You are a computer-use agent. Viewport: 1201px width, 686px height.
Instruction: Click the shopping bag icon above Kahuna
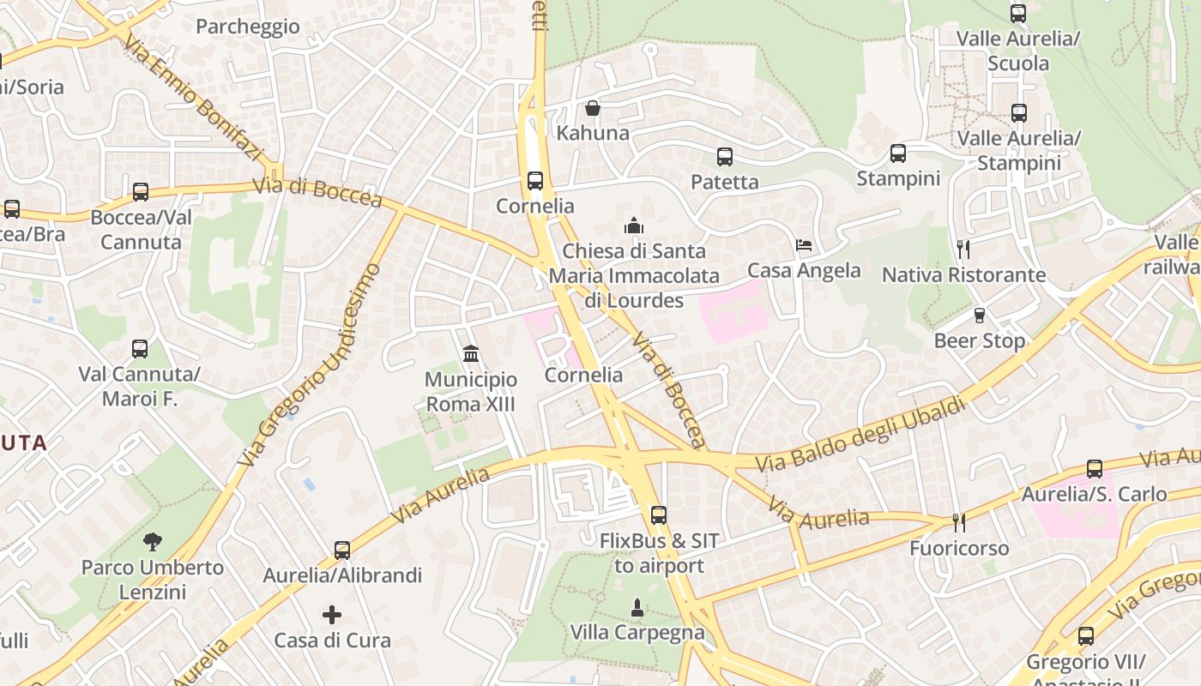tap(592, 108)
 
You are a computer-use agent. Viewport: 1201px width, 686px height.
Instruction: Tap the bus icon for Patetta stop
tap(725, 157)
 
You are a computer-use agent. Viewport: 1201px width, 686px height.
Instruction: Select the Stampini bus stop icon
tap(898, 153)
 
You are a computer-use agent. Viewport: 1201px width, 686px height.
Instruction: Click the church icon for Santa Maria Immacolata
tap(634, 226)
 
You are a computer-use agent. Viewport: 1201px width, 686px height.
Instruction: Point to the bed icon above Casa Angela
tap(804, 245)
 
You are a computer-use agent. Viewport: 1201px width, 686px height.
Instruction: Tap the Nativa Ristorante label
tap(964, 274)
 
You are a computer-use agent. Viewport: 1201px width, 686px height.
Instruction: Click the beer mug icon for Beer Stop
tap(980, 315)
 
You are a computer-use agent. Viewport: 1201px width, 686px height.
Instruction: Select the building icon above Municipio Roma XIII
tap(471, 353)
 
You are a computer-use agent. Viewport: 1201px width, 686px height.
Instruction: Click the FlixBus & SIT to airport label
tap(659, 553)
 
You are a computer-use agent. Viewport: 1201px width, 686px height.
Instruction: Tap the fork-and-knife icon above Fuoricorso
tap(959, 522)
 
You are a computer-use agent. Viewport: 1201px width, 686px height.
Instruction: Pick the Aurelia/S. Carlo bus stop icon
tap(1095, 469)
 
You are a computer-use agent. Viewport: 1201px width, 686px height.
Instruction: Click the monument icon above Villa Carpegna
tap(637, 607)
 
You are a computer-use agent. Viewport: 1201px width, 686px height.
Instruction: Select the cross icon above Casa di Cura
tap(332, 615)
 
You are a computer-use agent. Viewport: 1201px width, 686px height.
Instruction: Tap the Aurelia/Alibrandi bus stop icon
tap(342, 550)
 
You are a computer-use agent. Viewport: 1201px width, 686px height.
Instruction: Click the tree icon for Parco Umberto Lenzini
tap(153, 541)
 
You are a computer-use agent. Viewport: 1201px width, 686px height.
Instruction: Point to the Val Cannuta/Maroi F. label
tap(140, 387)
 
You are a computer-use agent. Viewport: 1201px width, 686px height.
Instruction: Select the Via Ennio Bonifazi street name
tap(192, 98)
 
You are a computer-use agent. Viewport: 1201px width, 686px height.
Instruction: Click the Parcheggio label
tap(248, 27)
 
